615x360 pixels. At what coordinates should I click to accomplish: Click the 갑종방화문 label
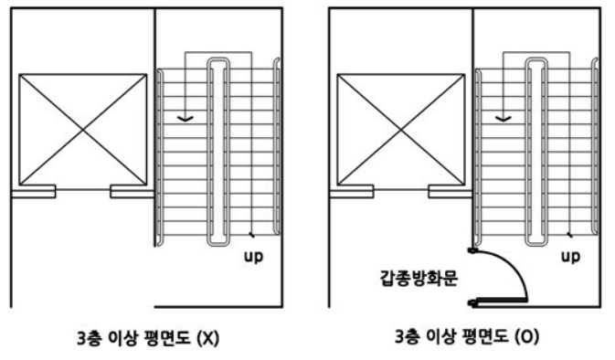click(409, 274)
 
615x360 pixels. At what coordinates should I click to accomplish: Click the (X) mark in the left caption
click(208, 336)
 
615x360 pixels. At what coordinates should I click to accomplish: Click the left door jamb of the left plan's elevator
click(33, 192)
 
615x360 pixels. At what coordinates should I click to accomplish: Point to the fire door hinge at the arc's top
click(472, 249)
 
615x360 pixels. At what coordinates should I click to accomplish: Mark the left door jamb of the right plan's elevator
click(352, 192)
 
